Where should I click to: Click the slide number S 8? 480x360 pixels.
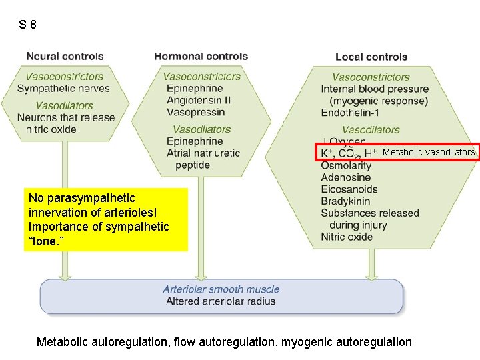click(28, 25)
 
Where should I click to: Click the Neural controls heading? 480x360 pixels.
click(65, 57)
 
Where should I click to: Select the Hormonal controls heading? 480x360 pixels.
click(201, 57)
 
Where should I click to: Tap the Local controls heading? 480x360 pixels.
click(371, 57)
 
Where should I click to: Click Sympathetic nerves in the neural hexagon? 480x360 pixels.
click(63, 89)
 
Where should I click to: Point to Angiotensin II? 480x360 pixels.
click(199, 100)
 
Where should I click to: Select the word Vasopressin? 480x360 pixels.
click(194, 112)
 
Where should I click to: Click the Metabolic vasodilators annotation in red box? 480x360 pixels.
click(429, 153)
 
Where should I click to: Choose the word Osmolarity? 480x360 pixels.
click(346, 165)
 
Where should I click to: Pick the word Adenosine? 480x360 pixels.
click(345, 177)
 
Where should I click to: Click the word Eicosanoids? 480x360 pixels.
click(349, 189)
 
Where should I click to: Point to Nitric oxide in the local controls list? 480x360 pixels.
click(347, 237)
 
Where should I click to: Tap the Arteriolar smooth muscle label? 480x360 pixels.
click(221, 289)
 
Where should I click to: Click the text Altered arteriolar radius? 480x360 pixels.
click(221, 301)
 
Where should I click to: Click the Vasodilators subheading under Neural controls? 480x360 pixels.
click(64, 105)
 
